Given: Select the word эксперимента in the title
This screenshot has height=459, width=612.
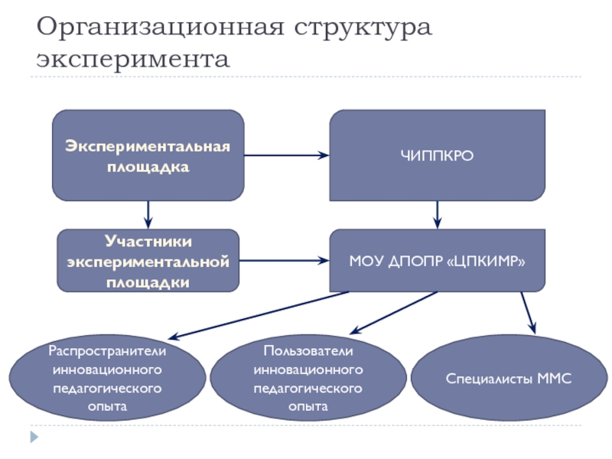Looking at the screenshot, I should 132,59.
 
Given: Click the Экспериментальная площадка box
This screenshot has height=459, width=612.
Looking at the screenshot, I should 148,155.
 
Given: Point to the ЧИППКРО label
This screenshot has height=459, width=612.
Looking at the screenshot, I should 438,156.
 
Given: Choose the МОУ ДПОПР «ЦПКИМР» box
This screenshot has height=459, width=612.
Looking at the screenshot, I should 437,260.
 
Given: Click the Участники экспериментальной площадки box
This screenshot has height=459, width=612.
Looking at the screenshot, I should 148,261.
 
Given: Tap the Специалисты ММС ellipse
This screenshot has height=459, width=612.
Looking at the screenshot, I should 509,380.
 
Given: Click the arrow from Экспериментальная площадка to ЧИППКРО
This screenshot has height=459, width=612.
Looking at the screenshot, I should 287,156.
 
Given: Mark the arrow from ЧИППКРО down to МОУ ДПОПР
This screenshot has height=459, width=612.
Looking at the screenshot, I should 437,214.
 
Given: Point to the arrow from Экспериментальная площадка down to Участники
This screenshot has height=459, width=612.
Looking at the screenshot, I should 148,214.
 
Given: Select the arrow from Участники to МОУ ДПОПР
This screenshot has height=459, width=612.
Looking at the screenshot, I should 284,261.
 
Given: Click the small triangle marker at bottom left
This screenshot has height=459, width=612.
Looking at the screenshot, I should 33,438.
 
